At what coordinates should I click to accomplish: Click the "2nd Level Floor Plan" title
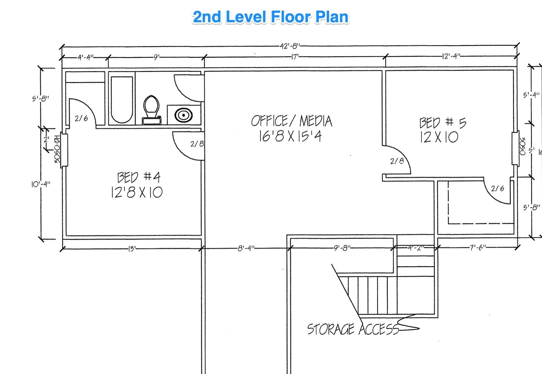[x=271, y=17]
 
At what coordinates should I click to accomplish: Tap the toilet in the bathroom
[x=152, y=110]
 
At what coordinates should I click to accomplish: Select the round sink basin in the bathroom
[x=184, y=115]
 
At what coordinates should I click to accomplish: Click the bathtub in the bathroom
[x=122, y=100]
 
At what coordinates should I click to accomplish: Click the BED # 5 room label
[x=442, y=123]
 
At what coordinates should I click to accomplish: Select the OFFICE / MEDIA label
[x=292, y=121]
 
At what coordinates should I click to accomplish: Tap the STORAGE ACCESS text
[x=353, y=329]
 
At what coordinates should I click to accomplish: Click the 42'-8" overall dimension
[x=290, y=46]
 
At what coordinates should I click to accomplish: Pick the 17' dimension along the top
[x=295, y=57]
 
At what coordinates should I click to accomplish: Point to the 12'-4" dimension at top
[x=451, y=56]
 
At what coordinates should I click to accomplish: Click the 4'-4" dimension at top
[x=85, y=58]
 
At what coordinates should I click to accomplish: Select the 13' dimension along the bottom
[x=132, y=249]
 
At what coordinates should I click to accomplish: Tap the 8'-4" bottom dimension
[x=246, y=248]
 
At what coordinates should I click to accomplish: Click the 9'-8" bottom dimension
[x=342, y=248]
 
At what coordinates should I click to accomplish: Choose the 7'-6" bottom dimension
[x=478, y=247]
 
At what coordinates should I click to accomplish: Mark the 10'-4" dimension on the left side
[x=41, y=184]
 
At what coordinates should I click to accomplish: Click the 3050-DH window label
[x=57, y=149]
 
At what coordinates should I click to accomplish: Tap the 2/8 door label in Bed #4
[x=197, y=144]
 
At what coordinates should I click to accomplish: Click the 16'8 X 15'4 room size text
[x=290, y=136]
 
